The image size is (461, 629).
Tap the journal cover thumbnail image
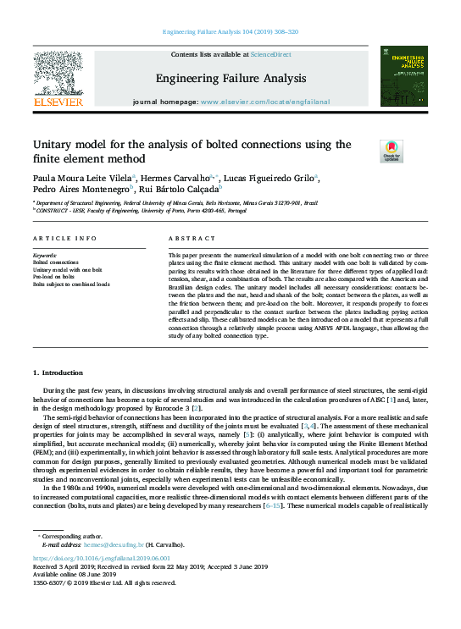coord(403,78)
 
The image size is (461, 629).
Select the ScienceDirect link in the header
coord(271,54)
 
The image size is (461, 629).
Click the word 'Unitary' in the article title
coord(55,145)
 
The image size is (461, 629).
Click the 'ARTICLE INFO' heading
coord(63,240)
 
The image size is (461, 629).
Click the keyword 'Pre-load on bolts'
coord(55,277)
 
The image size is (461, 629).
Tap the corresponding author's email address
coord(120,545)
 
